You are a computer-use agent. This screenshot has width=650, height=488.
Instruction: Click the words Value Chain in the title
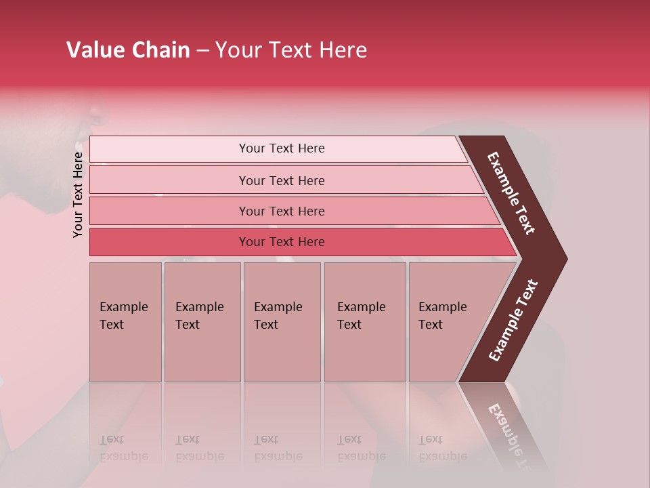click(128, 50)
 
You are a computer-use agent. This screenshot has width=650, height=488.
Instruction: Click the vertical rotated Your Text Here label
click(78, 195)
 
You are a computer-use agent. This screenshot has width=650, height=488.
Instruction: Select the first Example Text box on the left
click(125, 322)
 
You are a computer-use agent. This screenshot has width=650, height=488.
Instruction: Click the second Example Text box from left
click(202, 322)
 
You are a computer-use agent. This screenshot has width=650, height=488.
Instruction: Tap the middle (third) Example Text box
click(282, 322)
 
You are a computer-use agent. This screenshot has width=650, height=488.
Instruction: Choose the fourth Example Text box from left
click(364, 322)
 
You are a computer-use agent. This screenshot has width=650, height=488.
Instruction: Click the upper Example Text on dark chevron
click(512, 193)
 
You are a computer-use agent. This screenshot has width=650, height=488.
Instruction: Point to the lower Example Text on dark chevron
click(513, 321)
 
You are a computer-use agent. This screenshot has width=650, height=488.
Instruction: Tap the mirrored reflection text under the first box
click(123, 448)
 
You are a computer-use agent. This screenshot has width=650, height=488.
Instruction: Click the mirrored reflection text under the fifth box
click(442, 448)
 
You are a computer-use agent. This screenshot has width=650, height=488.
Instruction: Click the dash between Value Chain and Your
click(202, 51)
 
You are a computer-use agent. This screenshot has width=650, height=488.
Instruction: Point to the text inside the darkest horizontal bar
click(282, 242)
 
